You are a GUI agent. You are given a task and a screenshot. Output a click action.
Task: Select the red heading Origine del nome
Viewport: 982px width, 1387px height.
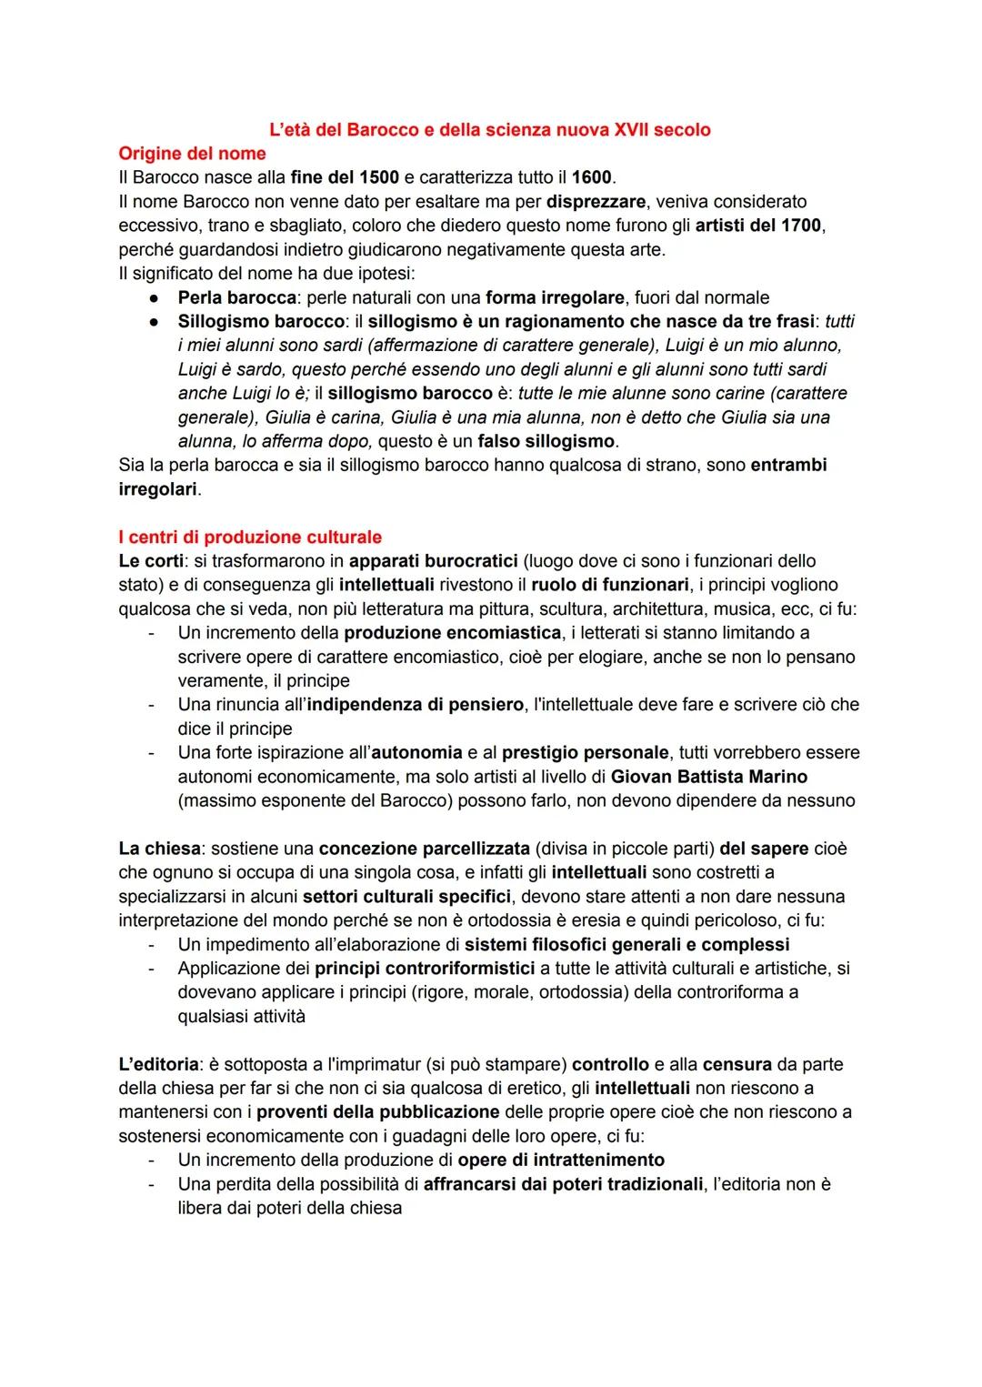pos(192,153)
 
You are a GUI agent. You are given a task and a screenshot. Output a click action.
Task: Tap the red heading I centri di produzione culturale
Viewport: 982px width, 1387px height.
pos(250,537)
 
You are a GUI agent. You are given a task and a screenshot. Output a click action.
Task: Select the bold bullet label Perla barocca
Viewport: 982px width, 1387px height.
pos(237,297)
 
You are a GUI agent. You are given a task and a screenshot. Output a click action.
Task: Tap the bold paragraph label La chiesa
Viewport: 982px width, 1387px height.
pos(158,849)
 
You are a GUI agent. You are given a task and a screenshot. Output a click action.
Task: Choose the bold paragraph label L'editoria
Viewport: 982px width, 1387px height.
pos(157,1064)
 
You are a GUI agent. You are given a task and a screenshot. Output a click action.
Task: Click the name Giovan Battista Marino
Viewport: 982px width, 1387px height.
pos(709,777)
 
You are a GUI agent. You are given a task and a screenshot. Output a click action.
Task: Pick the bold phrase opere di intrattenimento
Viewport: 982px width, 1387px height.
pos(561,1160)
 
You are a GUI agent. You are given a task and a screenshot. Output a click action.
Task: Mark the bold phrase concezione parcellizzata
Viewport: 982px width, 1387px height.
pos(424,849)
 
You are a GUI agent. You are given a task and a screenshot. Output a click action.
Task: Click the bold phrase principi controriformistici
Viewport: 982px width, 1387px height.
pos(425,969)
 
